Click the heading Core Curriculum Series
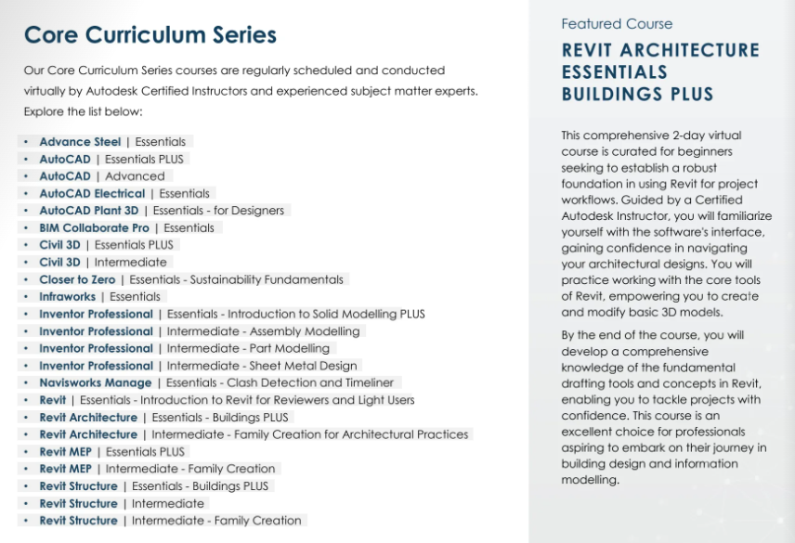pyautogui.click(x=150, y=35)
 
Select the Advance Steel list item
pyautogui.click(x=80, y=142)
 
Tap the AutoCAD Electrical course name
pyautogui.click(x=92, y=194)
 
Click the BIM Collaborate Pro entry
pyautogui.click(x=94, y=228)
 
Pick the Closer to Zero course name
pyautogui.click(x=77, y=279)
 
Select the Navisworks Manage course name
pyautogui.click(x=95, y=382)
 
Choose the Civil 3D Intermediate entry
pyautogui.click(x=102, y=263)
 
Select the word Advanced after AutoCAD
pyautogui.click(x=135, y=176)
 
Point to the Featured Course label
pyautogui.click(x=617, y=24)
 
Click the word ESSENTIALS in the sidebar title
pyautogui.click(x=614, y=72)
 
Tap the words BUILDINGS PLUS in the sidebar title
pyautogui.click(x=637, y=95)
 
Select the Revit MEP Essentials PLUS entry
pyautogui.click(x=111, y=452)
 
